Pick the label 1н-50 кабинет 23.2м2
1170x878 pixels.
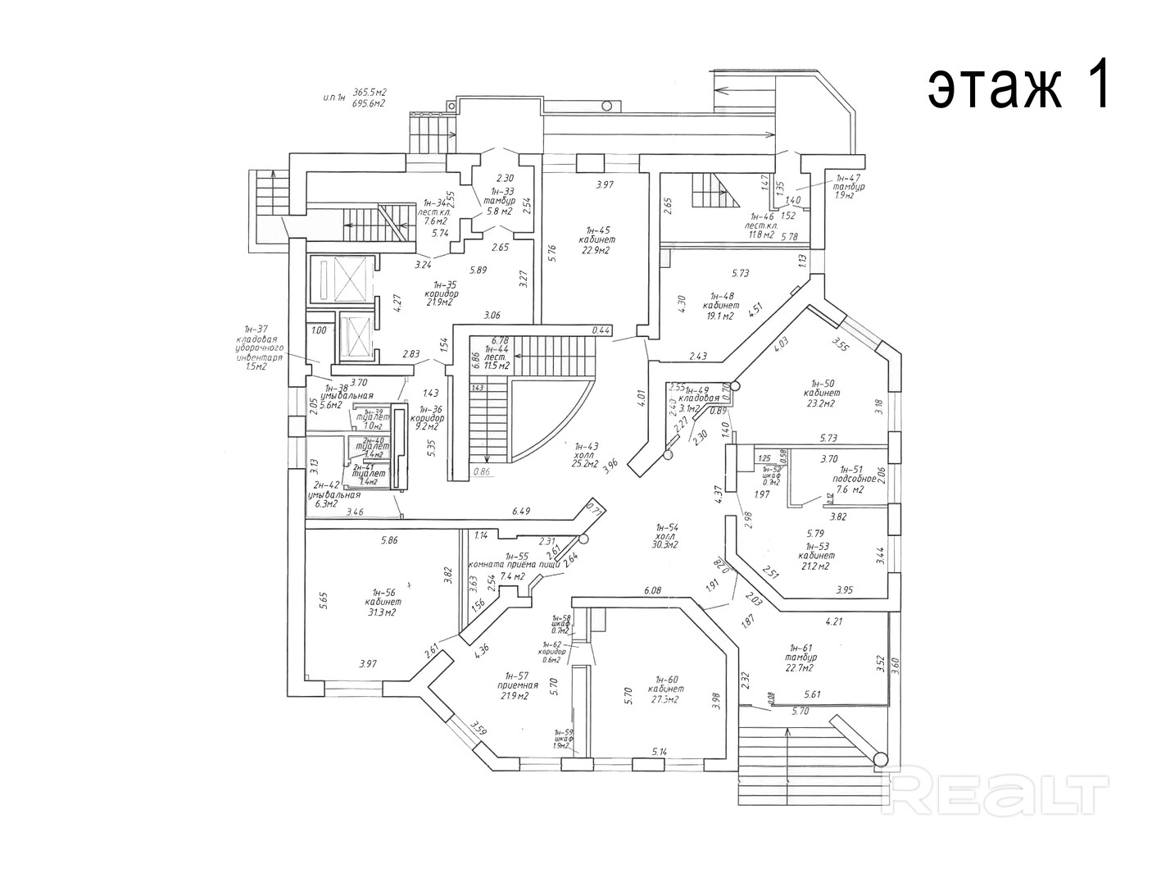coord(822,393)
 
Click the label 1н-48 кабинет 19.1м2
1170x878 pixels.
coord(721,305)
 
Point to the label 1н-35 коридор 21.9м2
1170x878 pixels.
coord(441,293)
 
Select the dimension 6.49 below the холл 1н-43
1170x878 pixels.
coord(521,511)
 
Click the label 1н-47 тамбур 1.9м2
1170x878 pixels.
coord(849,187)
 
